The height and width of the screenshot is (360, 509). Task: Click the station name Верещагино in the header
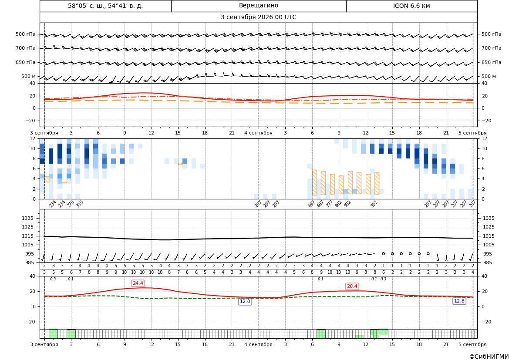(x=258, y=6)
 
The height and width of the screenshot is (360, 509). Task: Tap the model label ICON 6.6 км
(x=411, y=6)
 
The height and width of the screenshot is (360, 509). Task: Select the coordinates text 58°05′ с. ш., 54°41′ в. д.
(x=105, y=6)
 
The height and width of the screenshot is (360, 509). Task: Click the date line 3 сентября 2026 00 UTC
(x=258, y=17)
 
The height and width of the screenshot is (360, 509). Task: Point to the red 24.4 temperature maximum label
(x=138, y=283)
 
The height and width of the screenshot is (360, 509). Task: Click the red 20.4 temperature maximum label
(x=352, y=286)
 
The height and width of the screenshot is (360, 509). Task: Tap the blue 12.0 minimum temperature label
(x=245, y=301)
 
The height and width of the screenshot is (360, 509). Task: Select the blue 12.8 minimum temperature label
(x=459, y=301)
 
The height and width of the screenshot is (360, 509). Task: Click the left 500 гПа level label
(x=26, y=34)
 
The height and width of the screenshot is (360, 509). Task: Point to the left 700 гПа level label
(x=26, y=48)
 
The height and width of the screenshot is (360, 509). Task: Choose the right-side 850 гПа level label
(x=491, y=62)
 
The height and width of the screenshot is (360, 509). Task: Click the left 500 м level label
(x=29, y=76)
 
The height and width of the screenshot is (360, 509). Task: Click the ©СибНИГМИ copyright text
(x=489, y=357)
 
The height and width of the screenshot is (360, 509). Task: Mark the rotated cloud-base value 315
(x=80, y=204)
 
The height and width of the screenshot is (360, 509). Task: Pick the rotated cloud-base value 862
(x=338, y=204)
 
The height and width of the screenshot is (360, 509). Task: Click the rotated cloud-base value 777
(x=329, y=204)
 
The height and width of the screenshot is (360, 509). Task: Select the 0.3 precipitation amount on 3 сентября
(x=53, y=279)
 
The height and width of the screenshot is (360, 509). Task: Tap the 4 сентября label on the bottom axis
(x=258, y=344)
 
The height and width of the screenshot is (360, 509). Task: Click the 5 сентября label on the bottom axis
(x=472, y=344)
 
